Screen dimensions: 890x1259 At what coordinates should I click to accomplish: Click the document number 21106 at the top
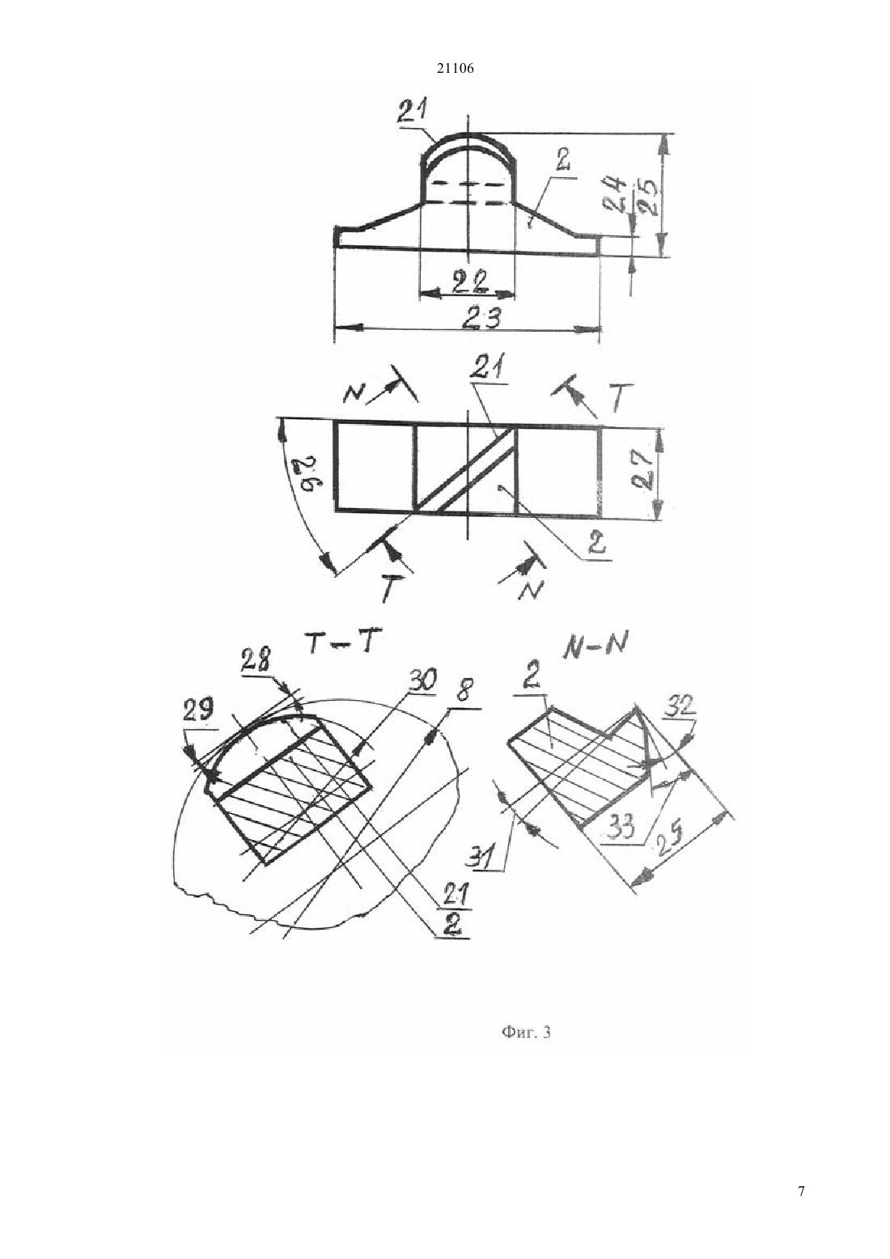455,69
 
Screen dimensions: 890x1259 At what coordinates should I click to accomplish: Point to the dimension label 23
482,319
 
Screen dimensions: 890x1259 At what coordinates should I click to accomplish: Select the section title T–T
341,644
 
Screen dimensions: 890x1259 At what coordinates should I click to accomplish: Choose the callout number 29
198,711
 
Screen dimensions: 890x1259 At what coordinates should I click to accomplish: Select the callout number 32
680,705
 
